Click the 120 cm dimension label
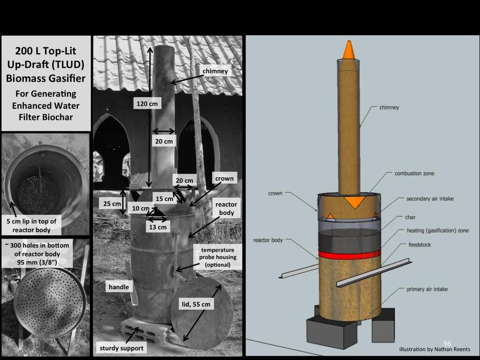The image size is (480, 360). tap(147, 104)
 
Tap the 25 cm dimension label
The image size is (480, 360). tap(112, 203)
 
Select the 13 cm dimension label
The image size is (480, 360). tap(157, 227)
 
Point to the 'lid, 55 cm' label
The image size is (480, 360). tap(196, 304)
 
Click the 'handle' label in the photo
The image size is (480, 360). tap(119, 287)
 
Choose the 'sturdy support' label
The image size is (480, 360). tap(121, 348)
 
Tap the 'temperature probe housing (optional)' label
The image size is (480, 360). tap(217, 257)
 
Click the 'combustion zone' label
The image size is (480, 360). tap(414, 173)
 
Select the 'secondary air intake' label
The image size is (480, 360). tap(430, 199)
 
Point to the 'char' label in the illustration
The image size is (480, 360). tap(410, 217)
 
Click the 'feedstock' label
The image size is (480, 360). tap(420, 245)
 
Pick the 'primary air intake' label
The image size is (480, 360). tap(427, 289)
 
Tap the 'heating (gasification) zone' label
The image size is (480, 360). tap(437, 231)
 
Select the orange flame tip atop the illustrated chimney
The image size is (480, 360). tap(348, 50)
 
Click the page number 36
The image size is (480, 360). tap(447, 344)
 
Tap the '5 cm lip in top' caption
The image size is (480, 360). tap(31, 221)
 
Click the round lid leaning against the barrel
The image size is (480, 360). tap(202, 311)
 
